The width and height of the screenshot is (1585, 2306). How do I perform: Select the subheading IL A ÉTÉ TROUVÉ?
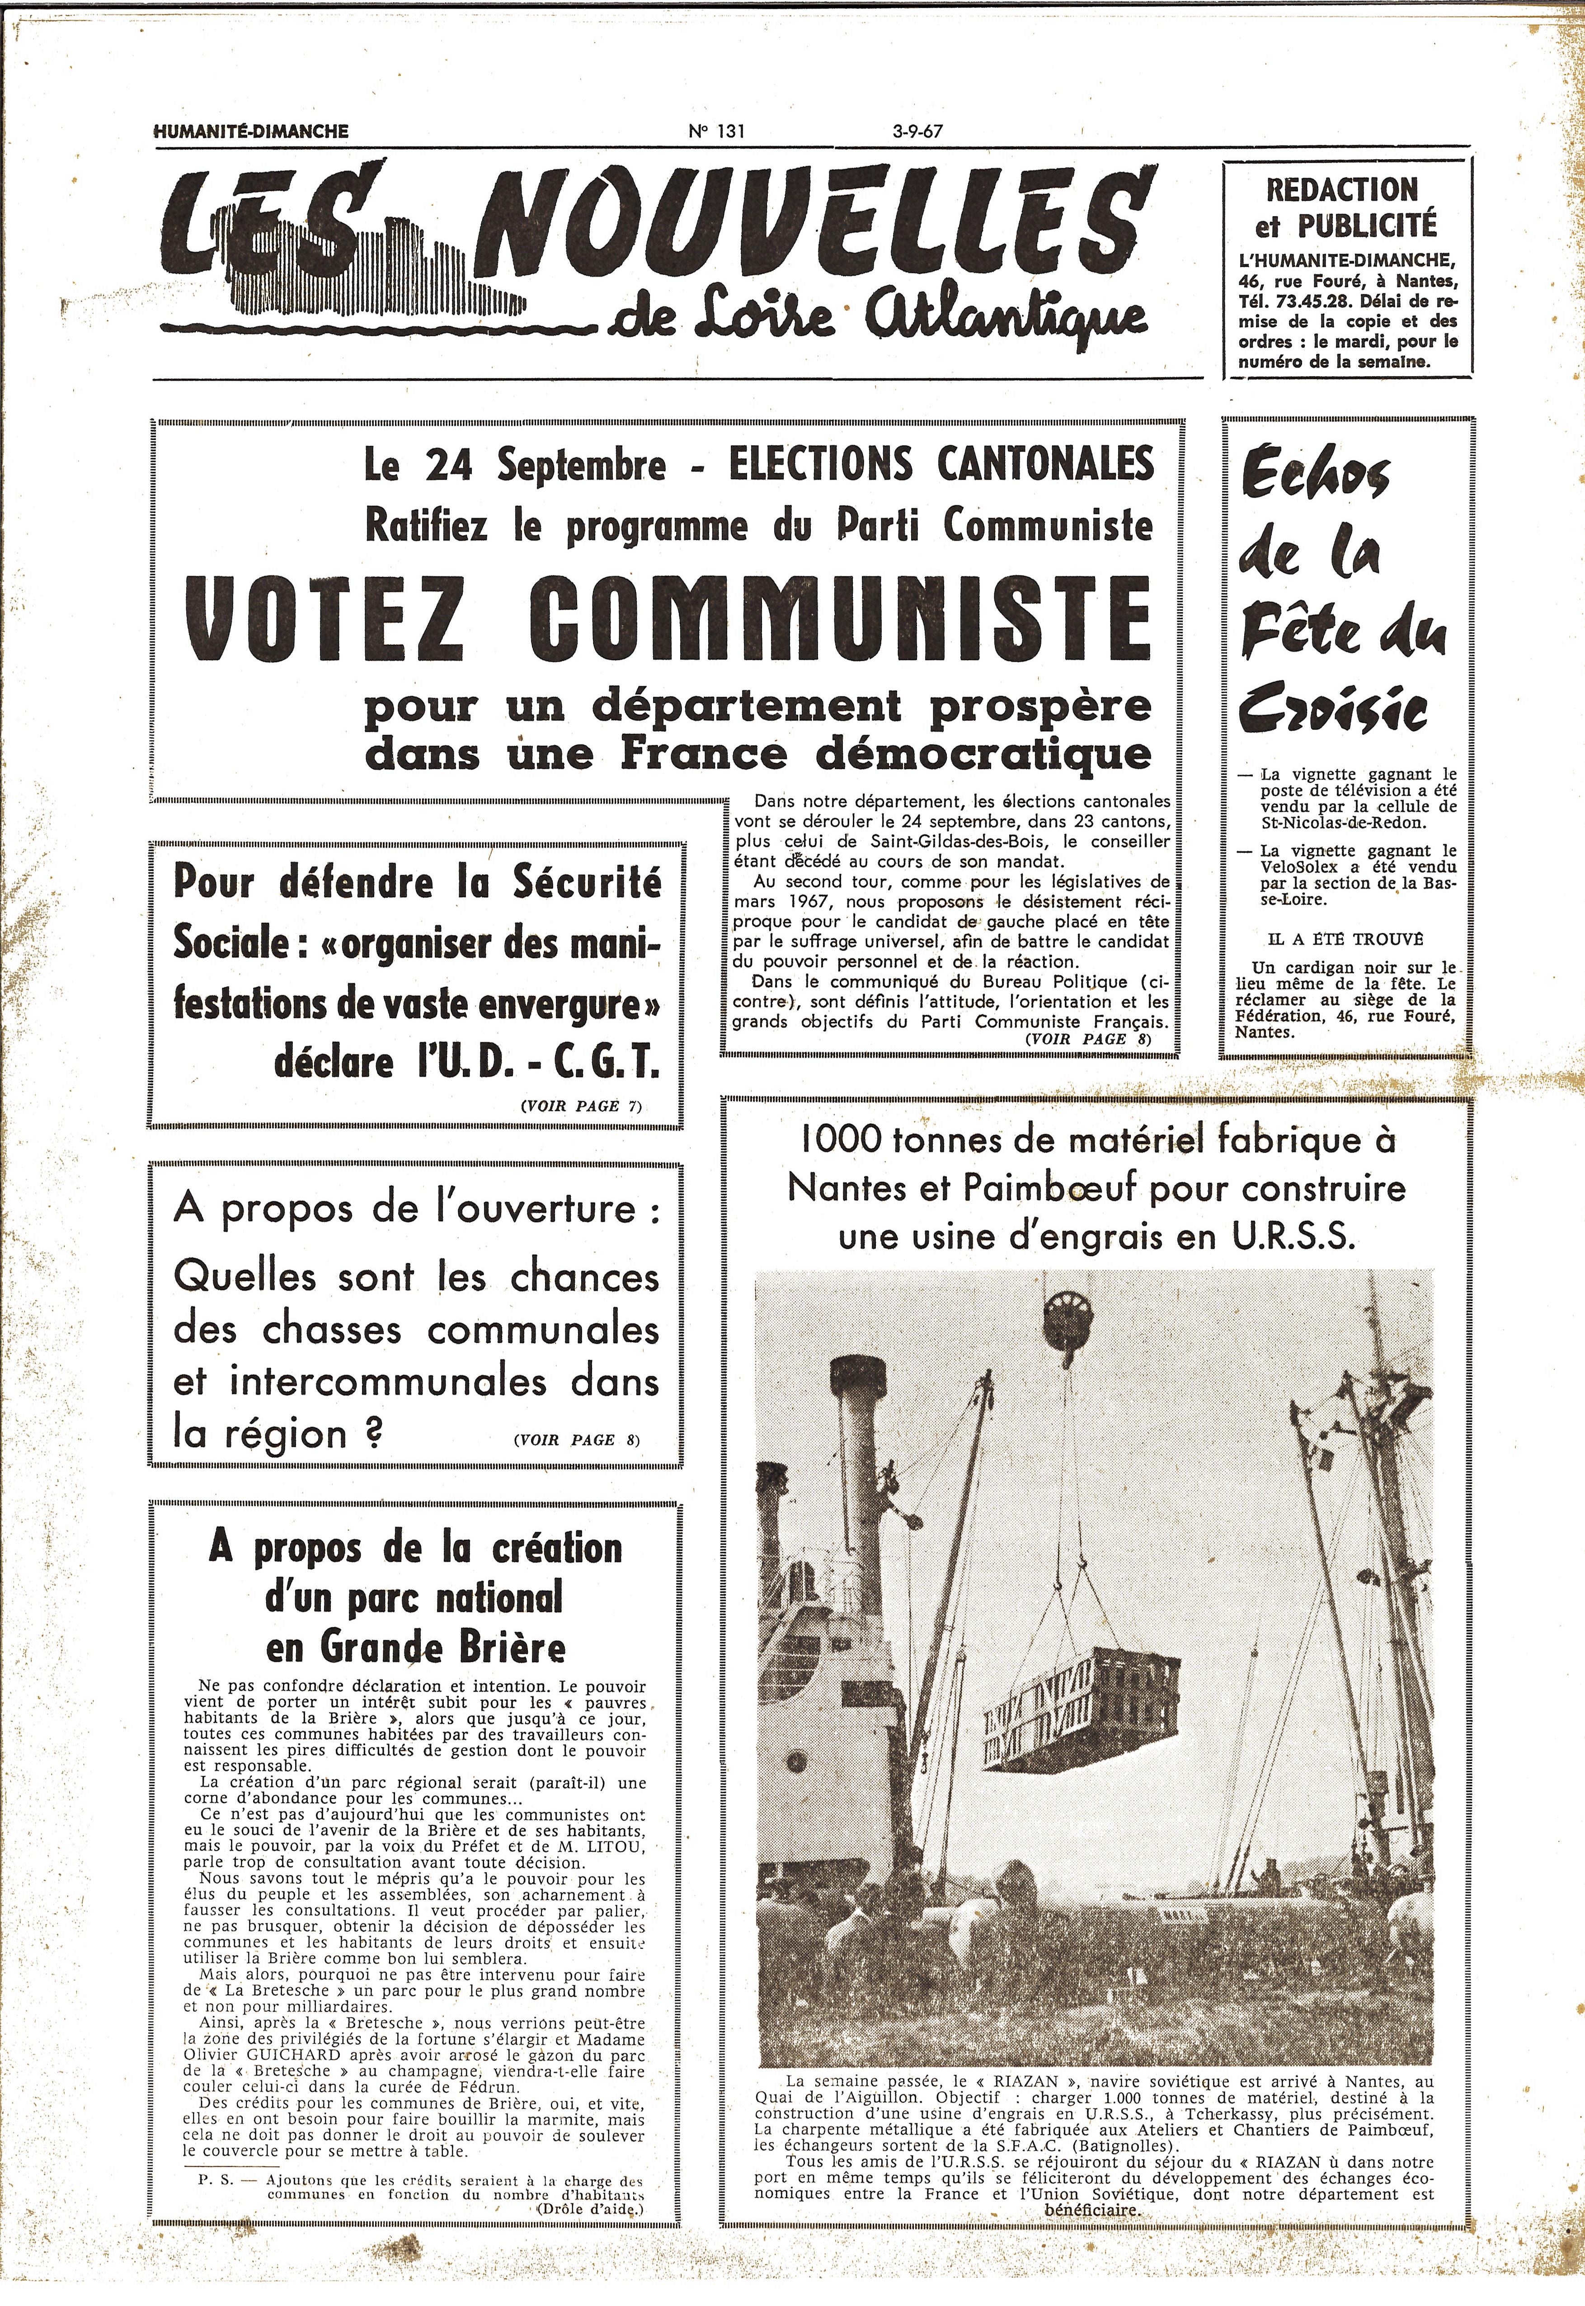coord(1345,938)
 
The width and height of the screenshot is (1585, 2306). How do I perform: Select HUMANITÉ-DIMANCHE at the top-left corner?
coord(251,130)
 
